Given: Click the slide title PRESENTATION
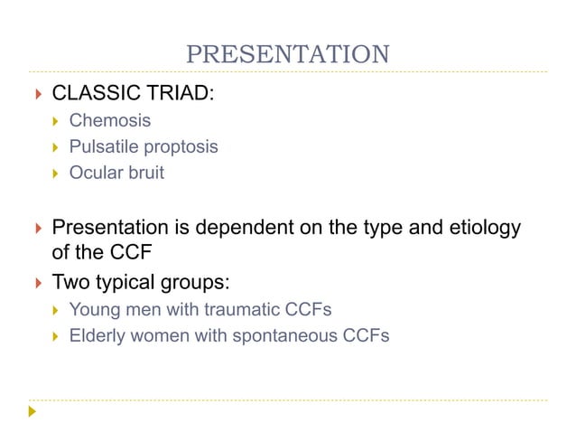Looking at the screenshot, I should click(x=287, y=54).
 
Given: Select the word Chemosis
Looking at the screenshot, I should click(x=110, y=120).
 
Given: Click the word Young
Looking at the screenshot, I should click(x=94, y=310).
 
